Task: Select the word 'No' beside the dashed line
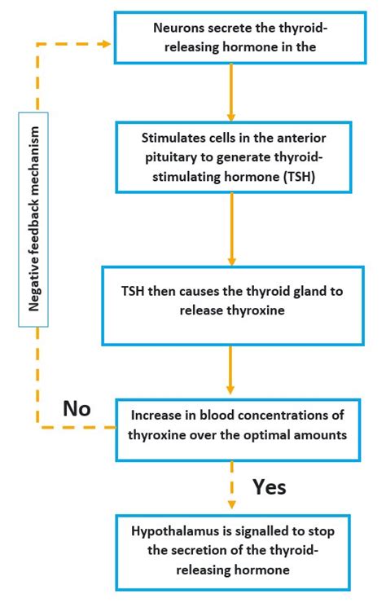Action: [x=78, y=407]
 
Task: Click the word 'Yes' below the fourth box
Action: [x=270, y=486]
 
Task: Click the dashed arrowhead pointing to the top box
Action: [x=105, y=43]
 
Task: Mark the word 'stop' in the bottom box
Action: [x=328, y=530]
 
